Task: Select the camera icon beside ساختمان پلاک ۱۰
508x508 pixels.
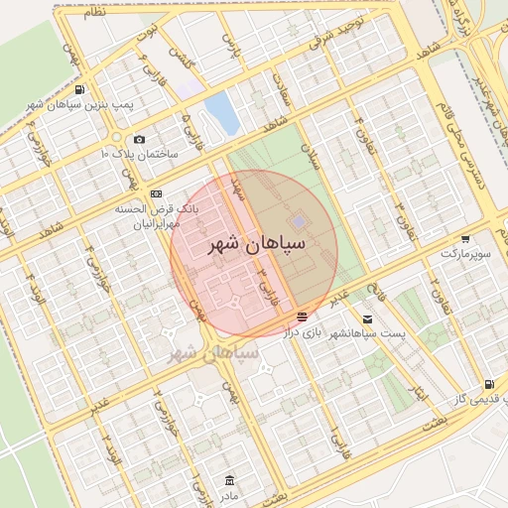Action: click(139, 140)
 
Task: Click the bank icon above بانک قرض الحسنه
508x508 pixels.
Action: click(156, 193)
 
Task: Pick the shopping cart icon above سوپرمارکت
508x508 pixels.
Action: click(465, 239)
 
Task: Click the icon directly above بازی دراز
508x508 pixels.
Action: click(302, 317)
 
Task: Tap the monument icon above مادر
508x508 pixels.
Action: click(230, 479)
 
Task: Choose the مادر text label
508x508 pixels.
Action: click(230, 494)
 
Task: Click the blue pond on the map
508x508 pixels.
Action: click(222, 114)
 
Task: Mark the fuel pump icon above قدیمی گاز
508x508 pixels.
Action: click(487, 384)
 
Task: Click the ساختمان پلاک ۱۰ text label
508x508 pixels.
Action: click(139, 156)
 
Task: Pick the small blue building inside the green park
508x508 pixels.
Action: click(299, 221)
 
